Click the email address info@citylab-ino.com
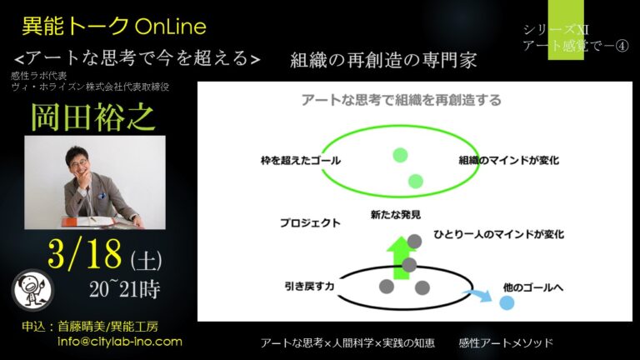[x=120, y=342]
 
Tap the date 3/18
[x=85, y=253]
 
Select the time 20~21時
[x=125, y=289]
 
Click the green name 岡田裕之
[x=93, y=117]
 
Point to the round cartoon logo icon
[x=32, y=290]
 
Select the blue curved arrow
[x=477, y=295]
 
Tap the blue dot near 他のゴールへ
[x=507, y=302]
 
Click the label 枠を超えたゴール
[x=301, y=160]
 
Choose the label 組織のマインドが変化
[x=509, y=160]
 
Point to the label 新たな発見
[x=396, y=215]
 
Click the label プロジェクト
[x=310, y=222]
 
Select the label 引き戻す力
[x=309, y=286]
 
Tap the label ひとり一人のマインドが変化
[x=499, y=234]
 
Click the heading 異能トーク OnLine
[x=114, y=26]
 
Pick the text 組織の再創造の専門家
[x=383, y=60]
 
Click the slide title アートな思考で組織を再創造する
[x=401, y=100]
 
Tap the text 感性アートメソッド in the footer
[x=506, y=342]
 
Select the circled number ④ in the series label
[x=622, y=46]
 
